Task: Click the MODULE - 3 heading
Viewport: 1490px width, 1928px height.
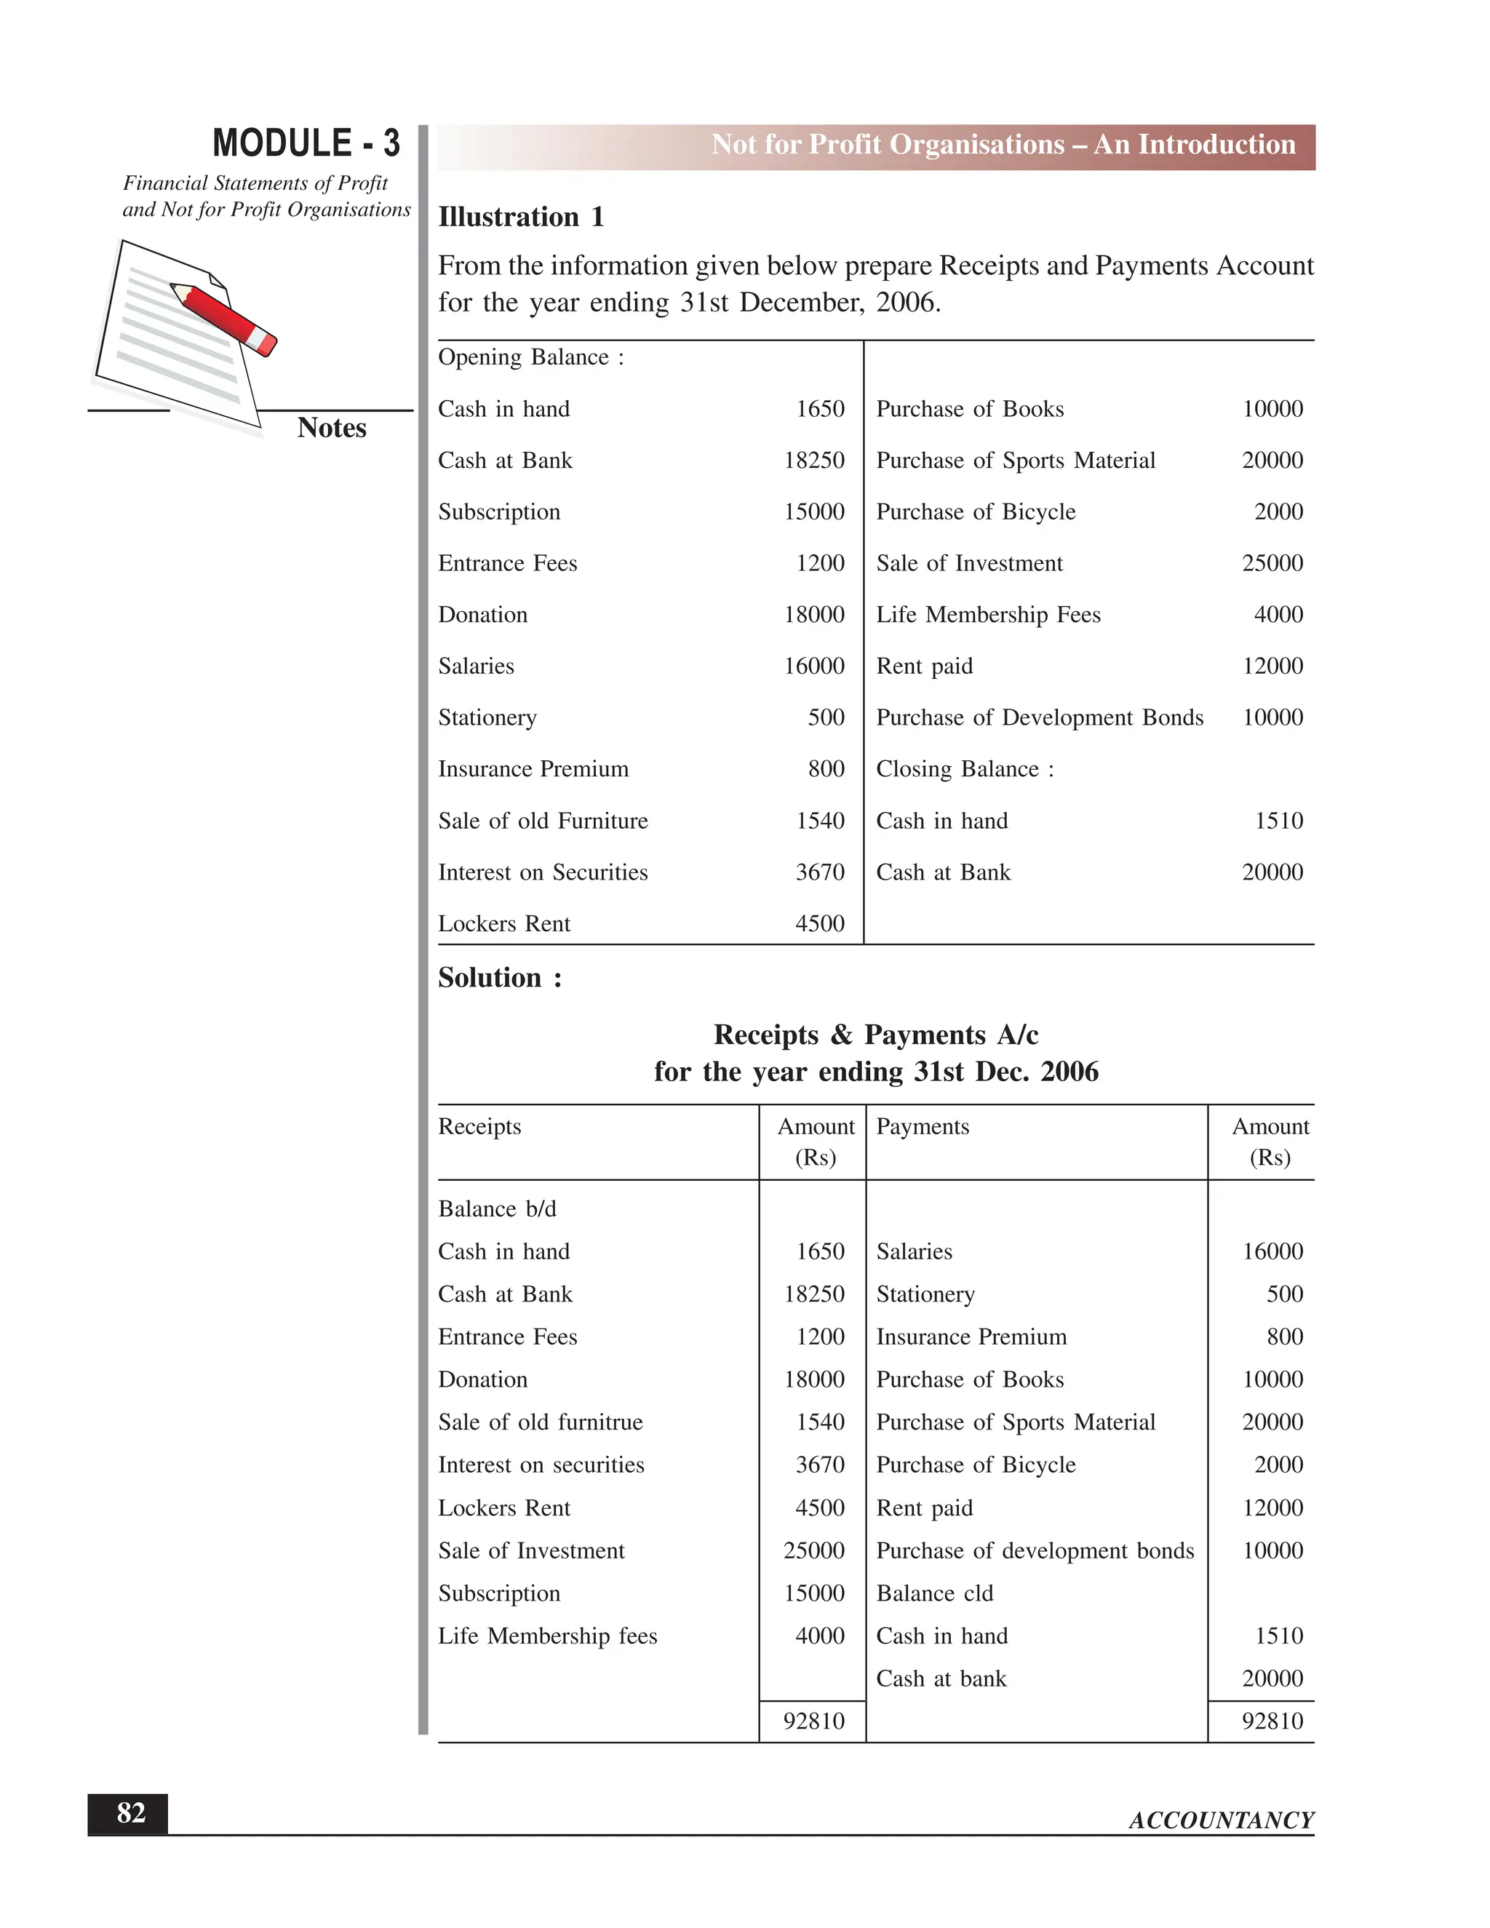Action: coord(306,143)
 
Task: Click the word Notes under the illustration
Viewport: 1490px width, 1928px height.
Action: coord(331,427)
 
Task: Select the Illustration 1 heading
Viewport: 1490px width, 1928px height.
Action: coord(521,216)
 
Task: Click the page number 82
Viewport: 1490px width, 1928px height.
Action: coord(131,1813)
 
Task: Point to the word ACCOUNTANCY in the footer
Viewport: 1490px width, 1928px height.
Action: coord(1221,1820)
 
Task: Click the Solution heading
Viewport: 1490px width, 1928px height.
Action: coord(500,977)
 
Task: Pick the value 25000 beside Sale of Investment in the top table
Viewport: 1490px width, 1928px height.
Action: coord(1271,563)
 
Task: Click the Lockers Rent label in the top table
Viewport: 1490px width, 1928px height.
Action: coord(504,923)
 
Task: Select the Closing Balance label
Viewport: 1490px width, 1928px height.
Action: coord(964,769)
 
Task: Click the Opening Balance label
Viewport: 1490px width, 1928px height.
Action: coord(530,356)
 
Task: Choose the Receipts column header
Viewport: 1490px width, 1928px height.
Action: coord(479,1126)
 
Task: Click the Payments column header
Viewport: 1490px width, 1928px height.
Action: coord(923,1126)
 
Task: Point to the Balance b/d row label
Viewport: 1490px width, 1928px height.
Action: coord(497,1208)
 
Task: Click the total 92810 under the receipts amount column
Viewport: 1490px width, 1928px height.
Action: coord(813,1721)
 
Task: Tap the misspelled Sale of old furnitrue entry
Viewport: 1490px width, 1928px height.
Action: coord(541,1422)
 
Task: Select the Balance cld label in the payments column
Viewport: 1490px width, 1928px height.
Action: coord(934,1593)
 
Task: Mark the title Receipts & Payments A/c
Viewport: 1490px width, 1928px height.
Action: coord(876,1034)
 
